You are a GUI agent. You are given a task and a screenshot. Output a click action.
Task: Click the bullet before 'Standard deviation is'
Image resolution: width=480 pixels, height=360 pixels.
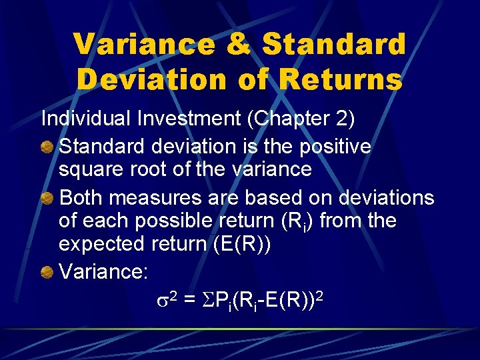click(47, 147)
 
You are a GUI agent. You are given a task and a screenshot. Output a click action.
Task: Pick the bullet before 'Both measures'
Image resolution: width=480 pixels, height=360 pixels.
click(47, 198)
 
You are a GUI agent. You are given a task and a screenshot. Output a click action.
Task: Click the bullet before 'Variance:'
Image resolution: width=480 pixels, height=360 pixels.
click(47, 272)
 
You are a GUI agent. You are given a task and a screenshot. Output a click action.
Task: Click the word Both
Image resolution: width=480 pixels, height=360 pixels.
click(84, 198)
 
